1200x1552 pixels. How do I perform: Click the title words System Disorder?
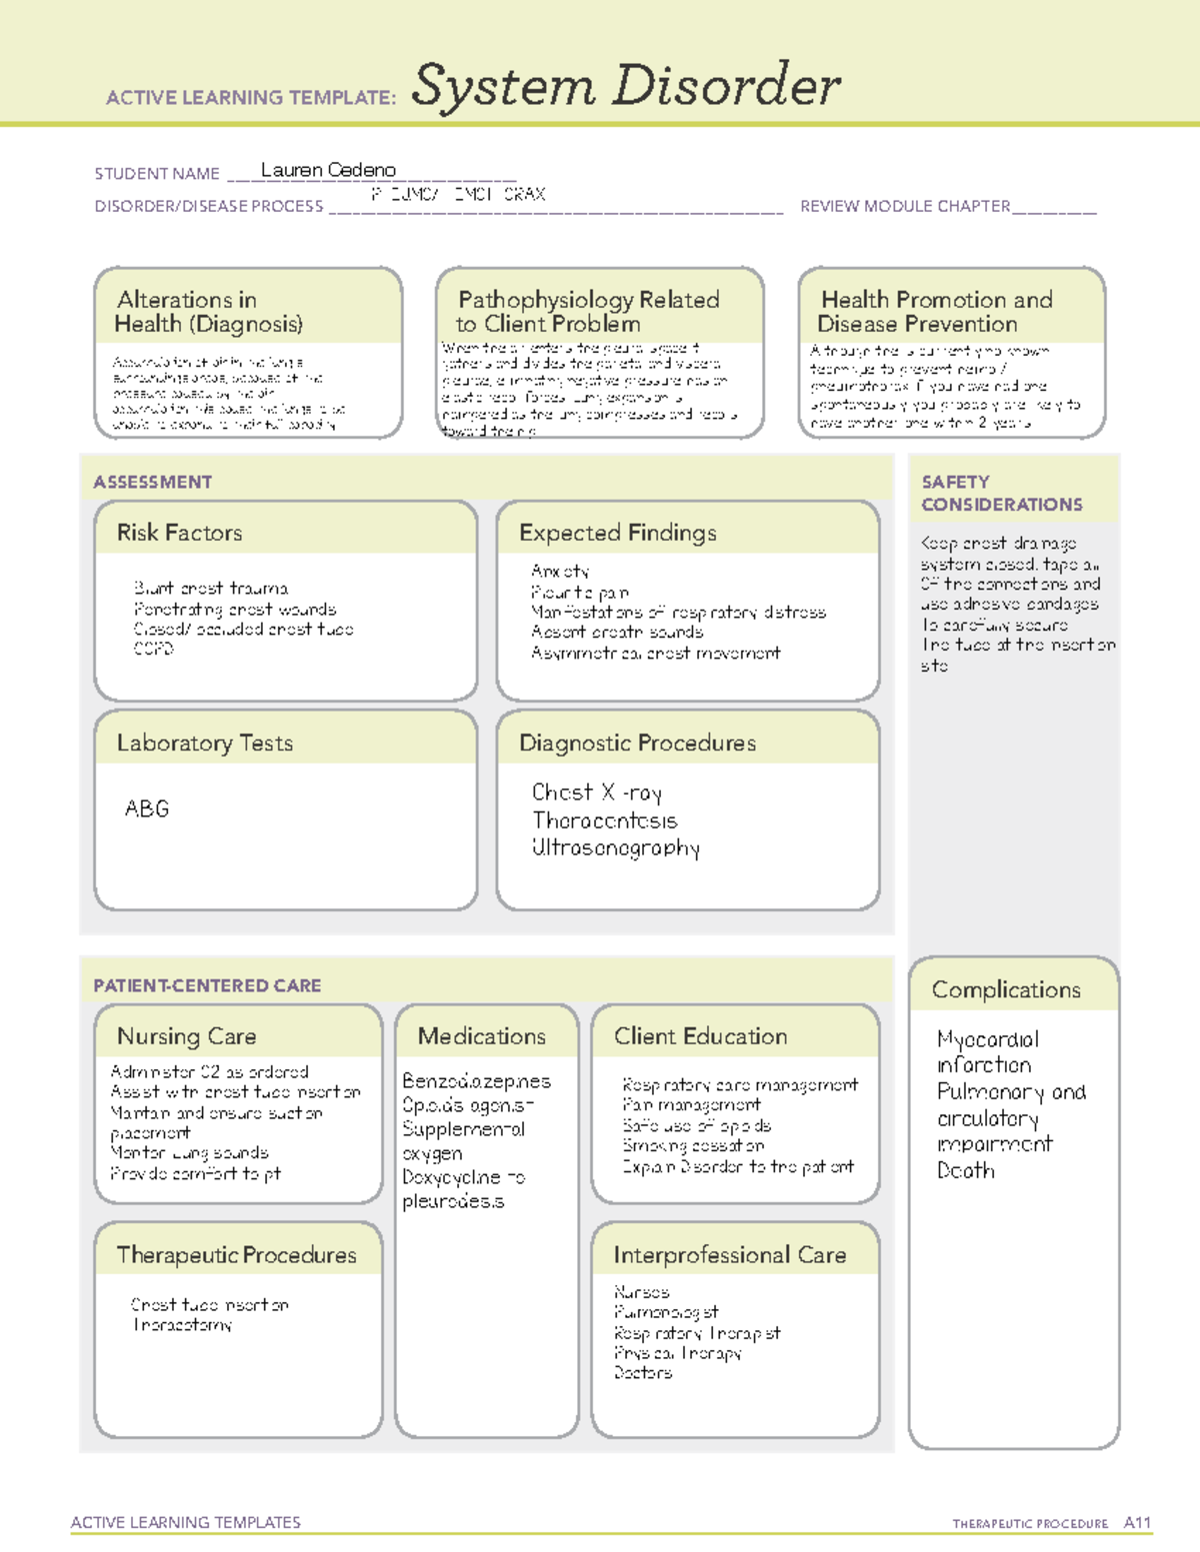tap(625, 86)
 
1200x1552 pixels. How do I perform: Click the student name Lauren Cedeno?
tap(328, 170)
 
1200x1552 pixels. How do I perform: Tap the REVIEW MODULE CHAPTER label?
tap(905, 206)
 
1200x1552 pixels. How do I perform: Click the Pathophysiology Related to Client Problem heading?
tap(588, 312)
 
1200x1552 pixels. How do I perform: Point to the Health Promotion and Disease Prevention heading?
tap(935, 312)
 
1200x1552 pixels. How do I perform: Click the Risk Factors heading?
tap(179, 533)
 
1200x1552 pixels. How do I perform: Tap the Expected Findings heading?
tap(617, 533)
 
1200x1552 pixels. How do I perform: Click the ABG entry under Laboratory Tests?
tap(146, 808)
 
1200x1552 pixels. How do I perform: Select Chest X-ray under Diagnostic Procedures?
tap(596, 792)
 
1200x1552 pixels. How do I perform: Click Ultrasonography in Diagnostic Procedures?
tap(615, 848)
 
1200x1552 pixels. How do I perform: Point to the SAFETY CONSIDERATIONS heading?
tap(1001, 494)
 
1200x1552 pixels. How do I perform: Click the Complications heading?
tap(1005, 989)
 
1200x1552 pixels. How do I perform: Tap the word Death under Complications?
tap(965, 1170)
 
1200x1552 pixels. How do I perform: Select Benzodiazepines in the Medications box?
tap(476, 1081)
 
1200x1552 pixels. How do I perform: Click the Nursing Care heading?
tap(186, 1036)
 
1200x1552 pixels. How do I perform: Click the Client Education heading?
tap(700, 1036)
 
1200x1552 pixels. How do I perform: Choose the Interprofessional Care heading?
tap(729, 1255)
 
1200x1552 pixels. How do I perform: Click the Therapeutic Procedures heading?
tap(236, 1255)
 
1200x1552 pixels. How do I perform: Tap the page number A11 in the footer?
tap(1137, 1523)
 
